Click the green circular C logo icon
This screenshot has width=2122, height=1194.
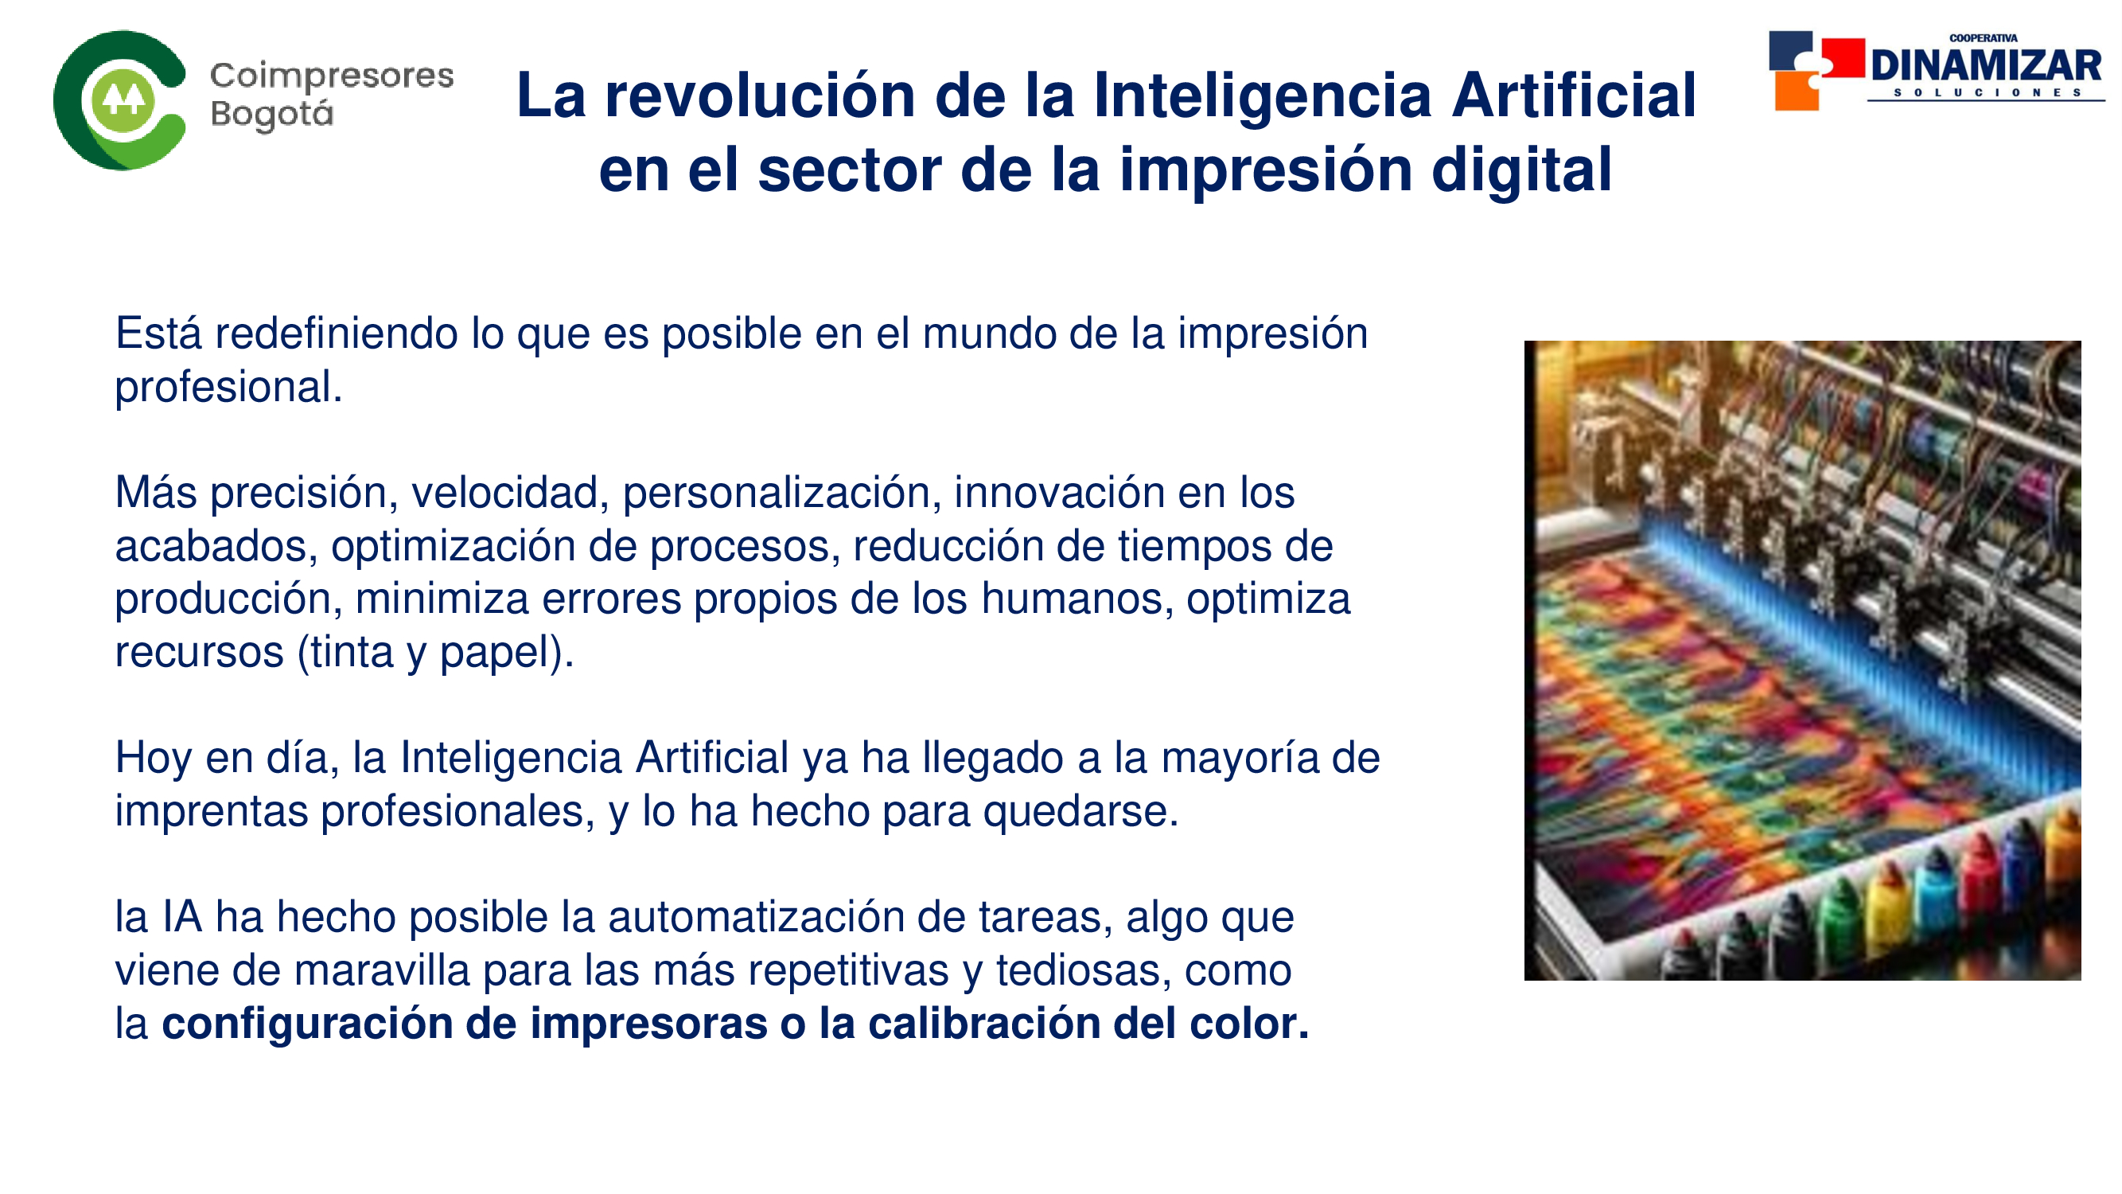pos(119,100)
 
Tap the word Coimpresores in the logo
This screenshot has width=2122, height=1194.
pos(332,76)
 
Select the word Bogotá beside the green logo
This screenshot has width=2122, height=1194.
pos(272,115)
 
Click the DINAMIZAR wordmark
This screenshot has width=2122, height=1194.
pos(1986,66)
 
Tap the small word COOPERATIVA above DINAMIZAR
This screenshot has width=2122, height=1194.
pos(1983,38)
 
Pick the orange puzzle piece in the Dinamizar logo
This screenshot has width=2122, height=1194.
pos(1796,91)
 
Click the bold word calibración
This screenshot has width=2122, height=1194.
pos(983,1024)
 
